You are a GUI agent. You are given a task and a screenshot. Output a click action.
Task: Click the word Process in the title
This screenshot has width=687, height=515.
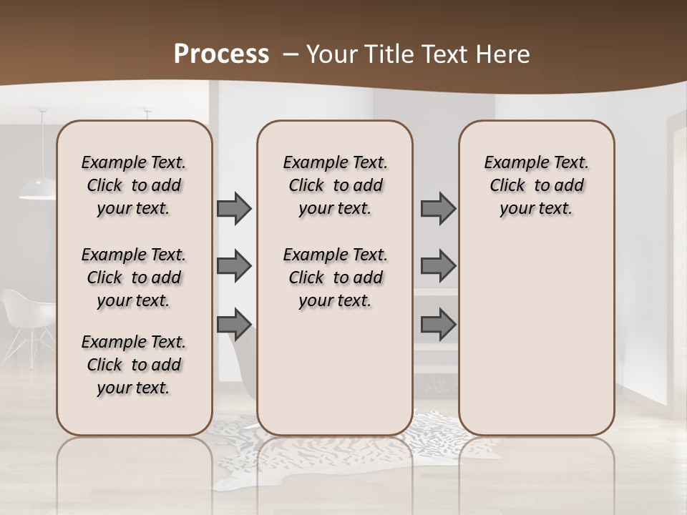click(x=221, y=54)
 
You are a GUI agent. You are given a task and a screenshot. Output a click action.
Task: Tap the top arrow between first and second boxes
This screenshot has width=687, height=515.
click(x=234, y=208)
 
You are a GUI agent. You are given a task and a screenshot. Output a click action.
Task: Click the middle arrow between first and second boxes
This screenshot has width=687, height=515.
click(x=234, y=266)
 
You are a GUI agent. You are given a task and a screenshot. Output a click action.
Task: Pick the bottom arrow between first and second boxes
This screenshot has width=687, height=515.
click(x=234, y=324)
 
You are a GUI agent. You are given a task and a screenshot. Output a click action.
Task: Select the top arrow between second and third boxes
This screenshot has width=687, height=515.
click(x=438, y=208)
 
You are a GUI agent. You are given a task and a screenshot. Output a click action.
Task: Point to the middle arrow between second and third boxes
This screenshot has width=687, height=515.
click(x=438, y=266)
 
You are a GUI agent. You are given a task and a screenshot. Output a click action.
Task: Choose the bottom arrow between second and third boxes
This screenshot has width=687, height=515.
click(x=438, y=324)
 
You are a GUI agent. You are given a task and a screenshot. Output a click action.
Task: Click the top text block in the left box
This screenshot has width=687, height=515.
click(x=134, y=185)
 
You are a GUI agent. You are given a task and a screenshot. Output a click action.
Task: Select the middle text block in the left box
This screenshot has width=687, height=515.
click(x=134, y=278)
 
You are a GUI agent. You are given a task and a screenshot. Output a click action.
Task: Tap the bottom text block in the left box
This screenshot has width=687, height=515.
click(x=134, y=365)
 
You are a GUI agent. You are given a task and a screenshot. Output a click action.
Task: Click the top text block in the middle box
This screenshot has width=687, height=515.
click(x=335, y=185)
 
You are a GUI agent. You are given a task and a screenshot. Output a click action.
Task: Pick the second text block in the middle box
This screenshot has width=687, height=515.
click(x=335, y=278)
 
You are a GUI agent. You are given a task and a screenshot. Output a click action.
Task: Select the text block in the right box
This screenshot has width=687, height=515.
click(x=536, y=185)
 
